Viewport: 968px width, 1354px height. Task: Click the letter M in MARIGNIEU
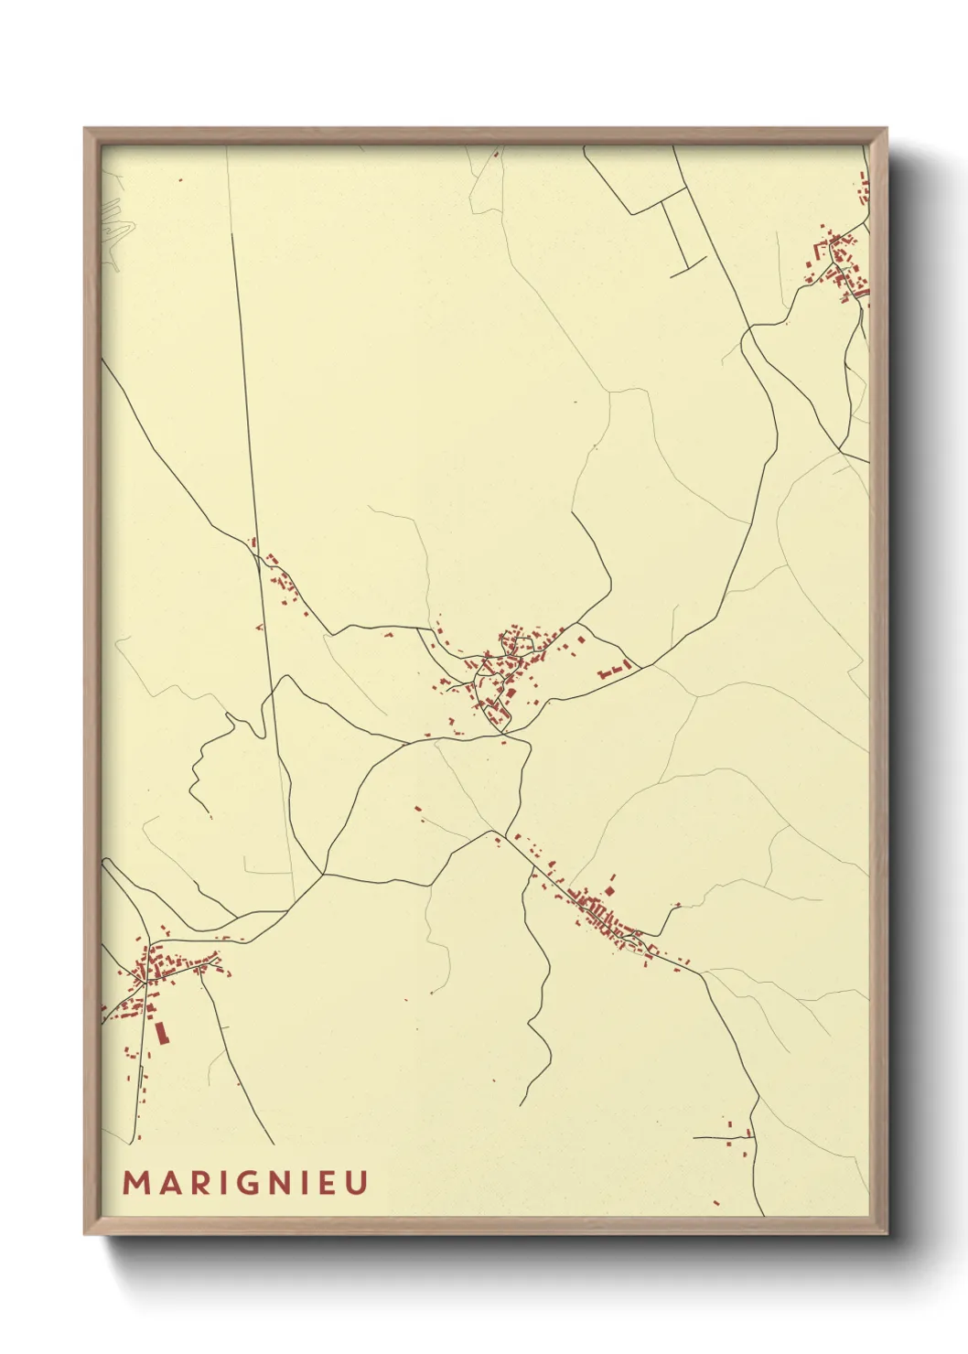[x=134, y=1183]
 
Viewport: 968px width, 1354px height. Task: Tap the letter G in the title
[x=244, y=1183]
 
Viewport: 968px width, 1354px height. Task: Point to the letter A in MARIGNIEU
[x=163, y=1183]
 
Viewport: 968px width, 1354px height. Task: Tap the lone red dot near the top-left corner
[x=180, y=180]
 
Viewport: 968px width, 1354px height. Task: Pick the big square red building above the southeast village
[x=609, y=889]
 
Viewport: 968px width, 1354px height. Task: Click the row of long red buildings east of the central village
[x=616, y=670]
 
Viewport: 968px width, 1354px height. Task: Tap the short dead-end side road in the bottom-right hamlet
[x=718, y=1138]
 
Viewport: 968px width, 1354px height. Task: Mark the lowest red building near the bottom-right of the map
[x=716, y=1202]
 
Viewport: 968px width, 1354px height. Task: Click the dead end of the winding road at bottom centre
[x=521, y=1105]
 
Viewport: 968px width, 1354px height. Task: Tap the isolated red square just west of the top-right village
[x=785, y=322]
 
